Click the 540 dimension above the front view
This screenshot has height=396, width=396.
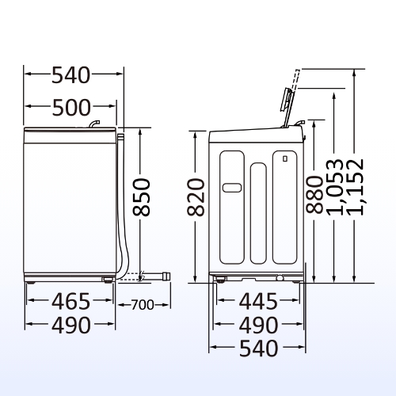73,76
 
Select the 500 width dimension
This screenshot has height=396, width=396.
73,106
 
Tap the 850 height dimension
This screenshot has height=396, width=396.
141,197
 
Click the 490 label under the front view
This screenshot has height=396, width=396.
71,324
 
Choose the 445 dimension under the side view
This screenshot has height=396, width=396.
257,301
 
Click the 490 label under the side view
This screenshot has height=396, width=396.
257,325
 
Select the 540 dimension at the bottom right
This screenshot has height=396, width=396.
257,348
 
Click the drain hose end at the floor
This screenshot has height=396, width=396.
165,276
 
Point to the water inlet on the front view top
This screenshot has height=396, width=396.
93,124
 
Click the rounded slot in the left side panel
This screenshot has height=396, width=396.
231,188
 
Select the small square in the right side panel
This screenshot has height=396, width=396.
282,161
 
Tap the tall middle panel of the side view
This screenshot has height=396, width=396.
258,214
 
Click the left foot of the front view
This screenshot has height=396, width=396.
31,280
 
